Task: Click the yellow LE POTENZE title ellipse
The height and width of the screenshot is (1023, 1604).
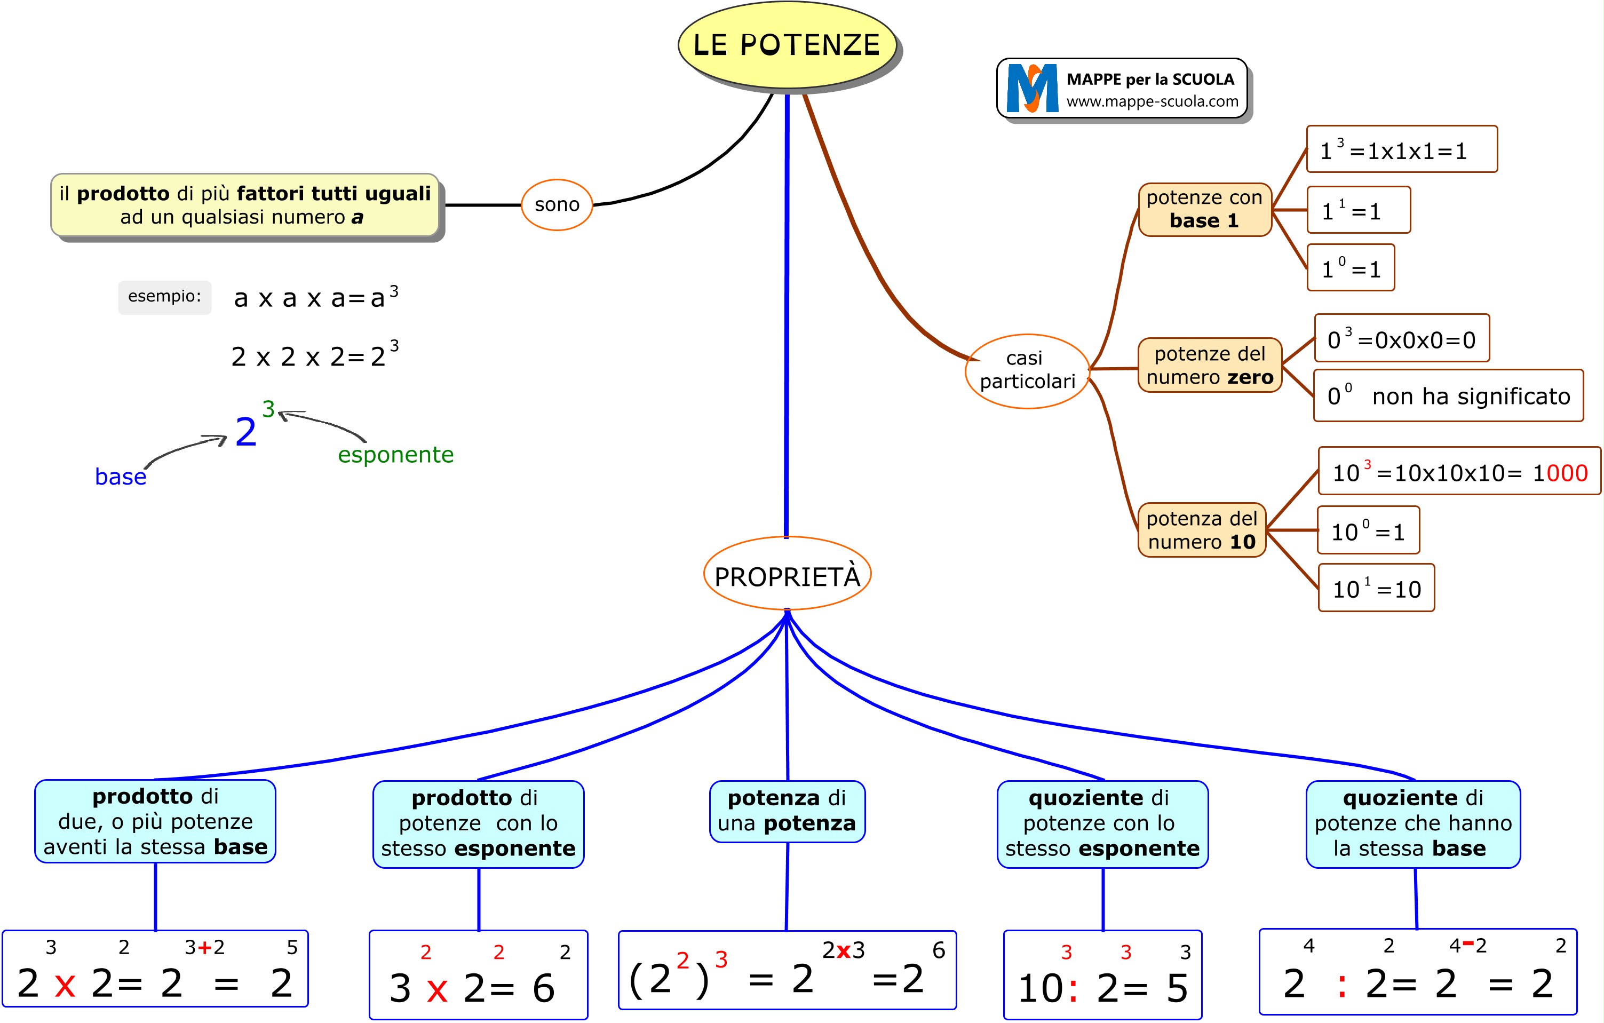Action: click(x=787, y=45)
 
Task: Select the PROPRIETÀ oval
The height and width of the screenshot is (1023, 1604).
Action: click(x=787, y=575)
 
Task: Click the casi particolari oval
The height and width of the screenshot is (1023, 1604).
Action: click(x=1027, y=370)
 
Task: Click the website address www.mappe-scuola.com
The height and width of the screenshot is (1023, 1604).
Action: click(x=1152, y=101)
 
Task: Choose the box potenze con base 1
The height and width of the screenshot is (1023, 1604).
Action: click(x=1204, y=209)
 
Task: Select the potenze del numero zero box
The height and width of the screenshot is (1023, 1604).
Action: click(x=1209, y=365)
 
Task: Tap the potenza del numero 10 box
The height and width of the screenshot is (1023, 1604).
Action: click(x=1202, y=530)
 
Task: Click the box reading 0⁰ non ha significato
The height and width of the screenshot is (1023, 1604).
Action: click(x=1448, y=395)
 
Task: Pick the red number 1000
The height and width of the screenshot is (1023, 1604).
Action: click(x=1560, y=473)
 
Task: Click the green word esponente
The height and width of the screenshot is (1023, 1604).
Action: click(x=396, y=454)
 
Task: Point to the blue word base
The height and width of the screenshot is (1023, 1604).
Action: click(x=121, y=477)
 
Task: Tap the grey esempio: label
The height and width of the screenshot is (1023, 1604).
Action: click(x=164, y=296)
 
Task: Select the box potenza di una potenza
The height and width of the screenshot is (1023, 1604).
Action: click(x=787, y=811)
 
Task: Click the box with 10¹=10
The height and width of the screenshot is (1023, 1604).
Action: click(x=1376, y=588)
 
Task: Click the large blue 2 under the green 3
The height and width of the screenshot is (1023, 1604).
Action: click(x=246, y=433)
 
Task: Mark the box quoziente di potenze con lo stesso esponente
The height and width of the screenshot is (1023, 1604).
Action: click(x=1102, y=824)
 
